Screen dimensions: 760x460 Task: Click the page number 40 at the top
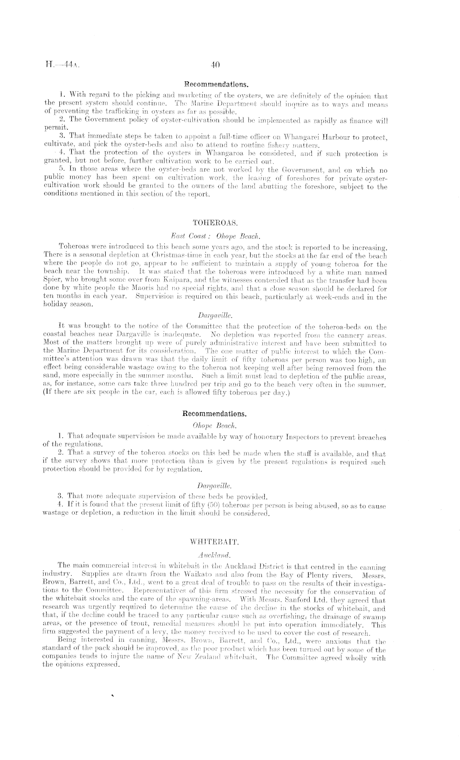(215, 64)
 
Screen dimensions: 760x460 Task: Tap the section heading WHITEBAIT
(214, 541)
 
